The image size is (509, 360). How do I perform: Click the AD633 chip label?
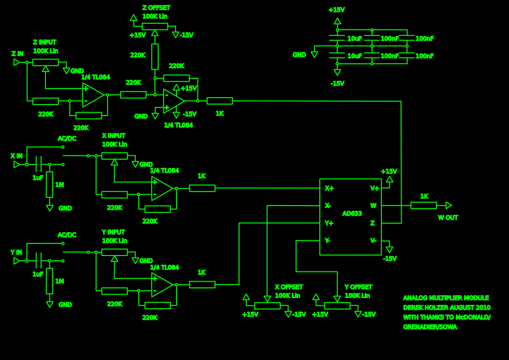coord(352,213)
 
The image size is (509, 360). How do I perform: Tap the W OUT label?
coord(448,218)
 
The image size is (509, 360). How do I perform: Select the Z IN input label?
coord(17,54)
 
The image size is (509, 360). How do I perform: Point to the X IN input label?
coord(16,156)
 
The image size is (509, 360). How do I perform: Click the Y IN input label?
coord(16,252)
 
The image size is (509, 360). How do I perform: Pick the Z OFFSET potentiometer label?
coord(156,8)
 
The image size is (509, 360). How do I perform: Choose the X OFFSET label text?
coord(288,287)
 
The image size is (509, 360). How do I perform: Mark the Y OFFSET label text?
coord(358,287)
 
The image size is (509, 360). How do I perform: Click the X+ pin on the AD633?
coord(329,188)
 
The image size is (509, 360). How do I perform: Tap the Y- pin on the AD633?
coord(328,240)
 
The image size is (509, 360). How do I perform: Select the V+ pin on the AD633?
coord(374,188)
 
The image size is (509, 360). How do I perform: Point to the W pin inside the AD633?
coord(373,206)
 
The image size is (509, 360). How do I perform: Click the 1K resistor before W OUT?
coord(423,205)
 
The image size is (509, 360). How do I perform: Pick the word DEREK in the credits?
coord(414,308)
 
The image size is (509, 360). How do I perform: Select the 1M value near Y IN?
coord(60,281)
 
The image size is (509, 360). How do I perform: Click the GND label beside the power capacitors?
coord(299,55)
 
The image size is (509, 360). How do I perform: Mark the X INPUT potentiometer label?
coord(114,135)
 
